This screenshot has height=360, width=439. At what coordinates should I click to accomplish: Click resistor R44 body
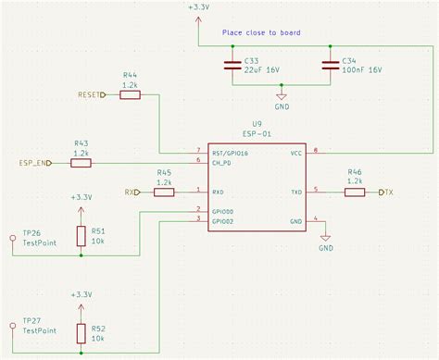(130, 94)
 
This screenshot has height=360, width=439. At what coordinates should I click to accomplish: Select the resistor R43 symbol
(82, 163)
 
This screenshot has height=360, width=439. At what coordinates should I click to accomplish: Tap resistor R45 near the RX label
(164, 192)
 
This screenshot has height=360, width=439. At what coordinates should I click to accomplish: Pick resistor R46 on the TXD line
(354, 192)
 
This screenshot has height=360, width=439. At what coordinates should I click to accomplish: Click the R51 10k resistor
(82, 236)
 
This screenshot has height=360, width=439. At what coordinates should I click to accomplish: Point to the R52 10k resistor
(82, 332)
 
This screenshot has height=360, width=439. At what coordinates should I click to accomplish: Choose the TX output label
(388, 192)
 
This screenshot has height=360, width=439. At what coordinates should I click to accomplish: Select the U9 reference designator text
(257, 122)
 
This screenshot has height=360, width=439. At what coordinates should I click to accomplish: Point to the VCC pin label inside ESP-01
(295, 152)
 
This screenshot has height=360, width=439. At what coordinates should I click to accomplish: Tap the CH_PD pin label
(221, 161)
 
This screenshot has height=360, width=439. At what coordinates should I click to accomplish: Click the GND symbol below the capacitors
(282, 95)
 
